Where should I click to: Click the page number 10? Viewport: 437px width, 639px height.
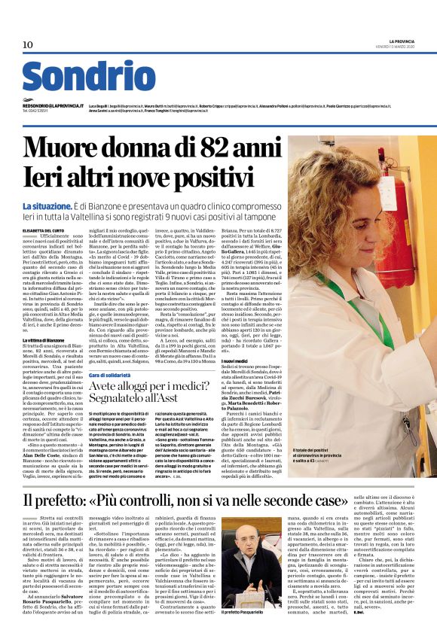tap(28, 45)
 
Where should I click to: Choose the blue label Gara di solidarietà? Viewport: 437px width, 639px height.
tap(115, 375)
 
